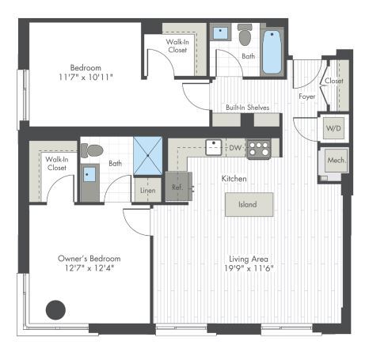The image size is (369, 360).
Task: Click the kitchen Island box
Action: (249, 205)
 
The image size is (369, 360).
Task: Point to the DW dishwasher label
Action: (234, 147)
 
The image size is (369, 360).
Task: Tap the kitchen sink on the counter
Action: (213, 146)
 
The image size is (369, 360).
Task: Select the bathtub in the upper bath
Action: (272, 51)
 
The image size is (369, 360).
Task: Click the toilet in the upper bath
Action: (245, 35)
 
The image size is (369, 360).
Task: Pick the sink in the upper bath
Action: (223, 34)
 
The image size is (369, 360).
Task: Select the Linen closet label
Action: (146, 190)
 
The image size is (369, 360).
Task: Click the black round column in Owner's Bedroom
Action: (55, 309)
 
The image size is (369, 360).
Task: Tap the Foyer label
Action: (307, 97)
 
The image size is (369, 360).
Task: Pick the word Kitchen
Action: (235, 180)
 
